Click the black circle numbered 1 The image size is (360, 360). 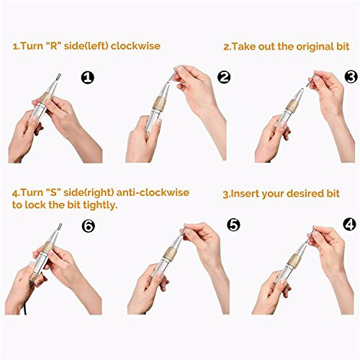point(88,77)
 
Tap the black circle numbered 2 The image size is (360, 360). point(224,77)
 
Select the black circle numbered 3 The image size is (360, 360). point(351,77)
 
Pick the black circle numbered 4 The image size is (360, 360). point(349,225)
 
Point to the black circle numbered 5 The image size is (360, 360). point(233,225)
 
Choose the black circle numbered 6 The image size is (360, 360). point(89,226)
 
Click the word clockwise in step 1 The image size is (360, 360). point(135,46)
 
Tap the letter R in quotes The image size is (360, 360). point(55,46)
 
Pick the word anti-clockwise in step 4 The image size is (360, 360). point(153,192)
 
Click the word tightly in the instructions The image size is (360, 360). point(100,205)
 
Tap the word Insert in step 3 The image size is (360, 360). point(245,194)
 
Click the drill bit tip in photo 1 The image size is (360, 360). point(59,75)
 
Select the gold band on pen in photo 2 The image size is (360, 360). point(159,104)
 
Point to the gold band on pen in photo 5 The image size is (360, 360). point(171,253)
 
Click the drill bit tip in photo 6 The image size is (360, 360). point(60,225)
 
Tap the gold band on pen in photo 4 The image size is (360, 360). point(294,260)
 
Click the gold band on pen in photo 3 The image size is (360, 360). point(293,106)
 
